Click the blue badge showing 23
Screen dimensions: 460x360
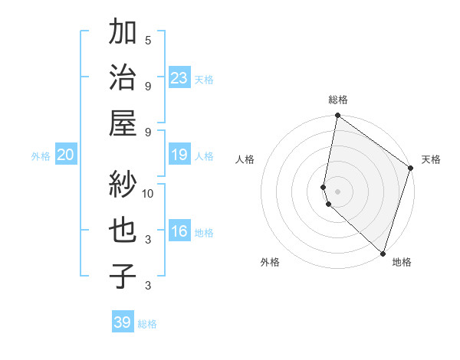(x=179, y=77)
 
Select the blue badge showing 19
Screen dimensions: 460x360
(x=179, y=155)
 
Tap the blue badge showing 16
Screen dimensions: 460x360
(x=179, y=231)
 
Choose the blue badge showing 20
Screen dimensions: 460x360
(x=65, y=155)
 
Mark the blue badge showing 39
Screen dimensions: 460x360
(x=123, y=322)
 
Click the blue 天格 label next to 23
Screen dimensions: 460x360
(x=204, y=79)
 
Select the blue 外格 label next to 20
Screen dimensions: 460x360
(x=41, y=156)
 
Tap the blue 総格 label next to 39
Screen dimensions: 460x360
(x=147, y=324)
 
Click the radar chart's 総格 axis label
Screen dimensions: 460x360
(x=337, y=100)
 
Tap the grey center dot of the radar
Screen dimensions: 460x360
(x=337, y=190)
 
